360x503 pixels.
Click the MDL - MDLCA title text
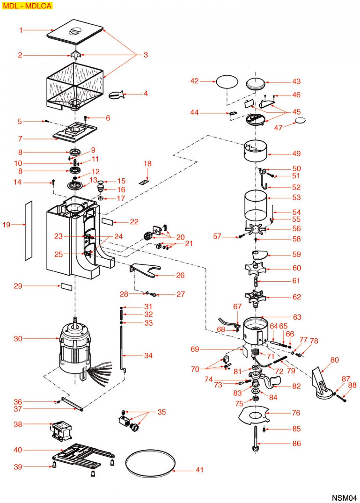coord(27,6)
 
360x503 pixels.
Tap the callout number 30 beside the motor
coord(18,339)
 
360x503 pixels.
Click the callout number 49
coord(296,154)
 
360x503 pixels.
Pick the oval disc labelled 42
coord(227,81)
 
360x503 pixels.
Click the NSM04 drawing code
coord(344,498)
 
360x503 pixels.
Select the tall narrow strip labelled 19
coord(29,231)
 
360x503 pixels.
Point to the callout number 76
coord(296,413)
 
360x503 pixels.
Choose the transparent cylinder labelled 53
coord(256,205)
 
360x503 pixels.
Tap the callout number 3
coord(146,55)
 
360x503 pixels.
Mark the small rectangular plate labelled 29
coord(66,287)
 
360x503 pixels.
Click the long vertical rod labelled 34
coord(121,349)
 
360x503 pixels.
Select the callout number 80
coord(335,360)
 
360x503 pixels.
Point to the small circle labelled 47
coord(300,120)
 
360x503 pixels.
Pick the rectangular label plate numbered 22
coord(108,222)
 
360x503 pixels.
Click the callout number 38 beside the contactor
coord(18,424)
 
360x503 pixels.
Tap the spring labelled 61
coord(256,281)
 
